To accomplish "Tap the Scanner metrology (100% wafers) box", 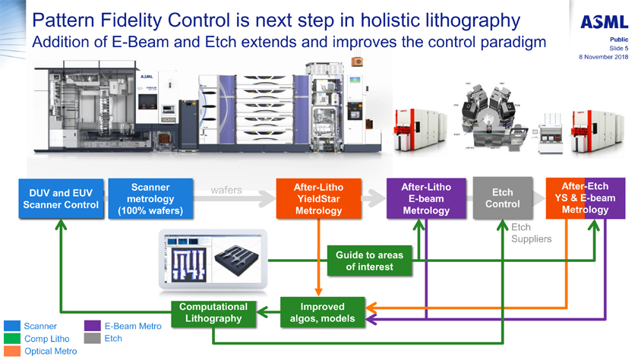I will tap(147, 199).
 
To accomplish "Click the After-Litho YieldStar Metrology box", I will tap(319, 199).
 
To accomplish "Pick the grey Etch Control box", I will tap(502, 198).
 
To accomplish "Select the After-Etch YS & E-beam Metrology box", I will tap(585, 198).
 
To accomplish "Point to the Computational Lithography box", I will tap(213, 312).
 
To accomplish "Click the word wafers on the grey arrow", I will tap(226, 190).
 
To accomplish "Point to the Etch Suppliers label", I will tap(531, 233).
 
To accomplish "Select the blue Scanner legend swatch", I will tap(11, 326).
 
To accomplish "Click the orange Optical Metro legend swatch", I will tap(11, 351).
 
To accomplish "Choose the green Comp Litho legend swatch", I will tap(11, 339).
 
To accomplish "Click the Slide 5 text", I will tap(617, 48).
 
